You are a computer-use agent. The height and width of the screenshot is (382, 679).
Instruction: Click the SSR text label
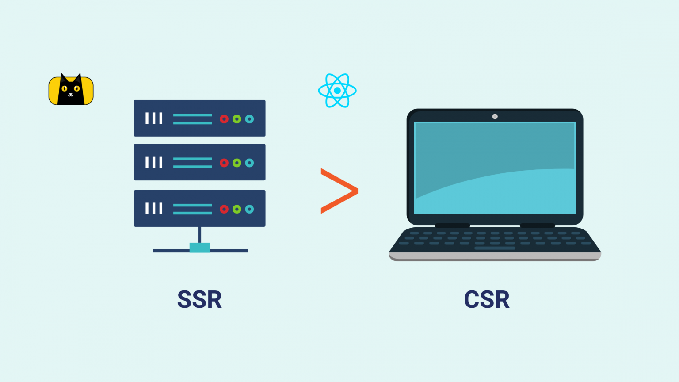(199, 299)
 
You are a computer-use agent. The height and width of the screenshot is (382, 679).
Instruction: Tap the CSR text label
(487, 299)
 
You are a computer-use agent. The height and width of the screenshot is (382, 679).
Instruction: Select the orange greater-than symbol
(339, 191)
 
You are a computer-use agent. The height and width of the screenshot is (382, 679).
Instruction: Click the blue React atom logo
(337, 91)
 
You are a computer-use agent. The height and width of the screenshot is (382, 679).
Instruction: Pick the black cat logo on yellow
(71, 90)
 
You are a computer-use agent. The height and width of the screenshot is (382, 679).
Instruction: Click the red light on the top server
(224, 119)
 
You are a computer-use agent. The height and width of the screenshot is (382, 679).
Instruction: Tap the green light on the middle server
(237, 163)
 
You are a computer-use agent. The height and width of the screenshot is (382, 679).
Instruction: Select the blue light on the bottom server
(249, 209)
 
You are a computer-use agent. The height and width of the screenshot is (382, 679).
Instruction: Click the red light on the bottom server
(224, 209)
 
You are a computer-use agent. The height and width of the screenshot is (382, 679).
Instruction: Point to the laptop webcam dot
(495, 117)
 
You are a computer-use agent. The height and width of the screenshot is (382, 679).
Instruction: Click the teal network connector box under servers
(199, 248)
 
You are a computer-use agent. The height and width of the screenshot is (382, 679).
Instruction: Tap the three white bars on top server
(154, 118)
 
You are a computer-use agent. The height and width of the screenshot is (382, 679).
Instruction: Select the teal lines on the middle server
(192, 163)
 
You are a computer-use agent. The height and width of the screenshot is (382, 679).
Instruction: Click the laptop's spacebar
(495, 248)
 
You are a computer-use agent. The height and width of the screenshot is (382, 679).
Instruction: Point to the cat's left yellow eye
(65, 88)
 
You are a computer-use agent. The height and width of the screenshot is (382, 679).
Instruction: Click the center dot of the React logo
(337, 91)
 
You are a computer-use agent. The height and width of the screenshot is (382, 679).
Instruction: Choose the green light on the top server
(237, 119)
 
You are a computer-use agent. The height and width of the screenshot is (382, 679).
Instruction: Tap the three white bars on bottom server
(154, 209)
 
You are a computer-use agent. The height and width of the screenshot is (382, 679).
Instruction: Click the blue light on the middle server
(249, 163)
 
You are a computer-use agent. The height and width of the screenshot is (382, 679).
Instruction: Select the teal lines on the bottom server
(192, 209)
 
